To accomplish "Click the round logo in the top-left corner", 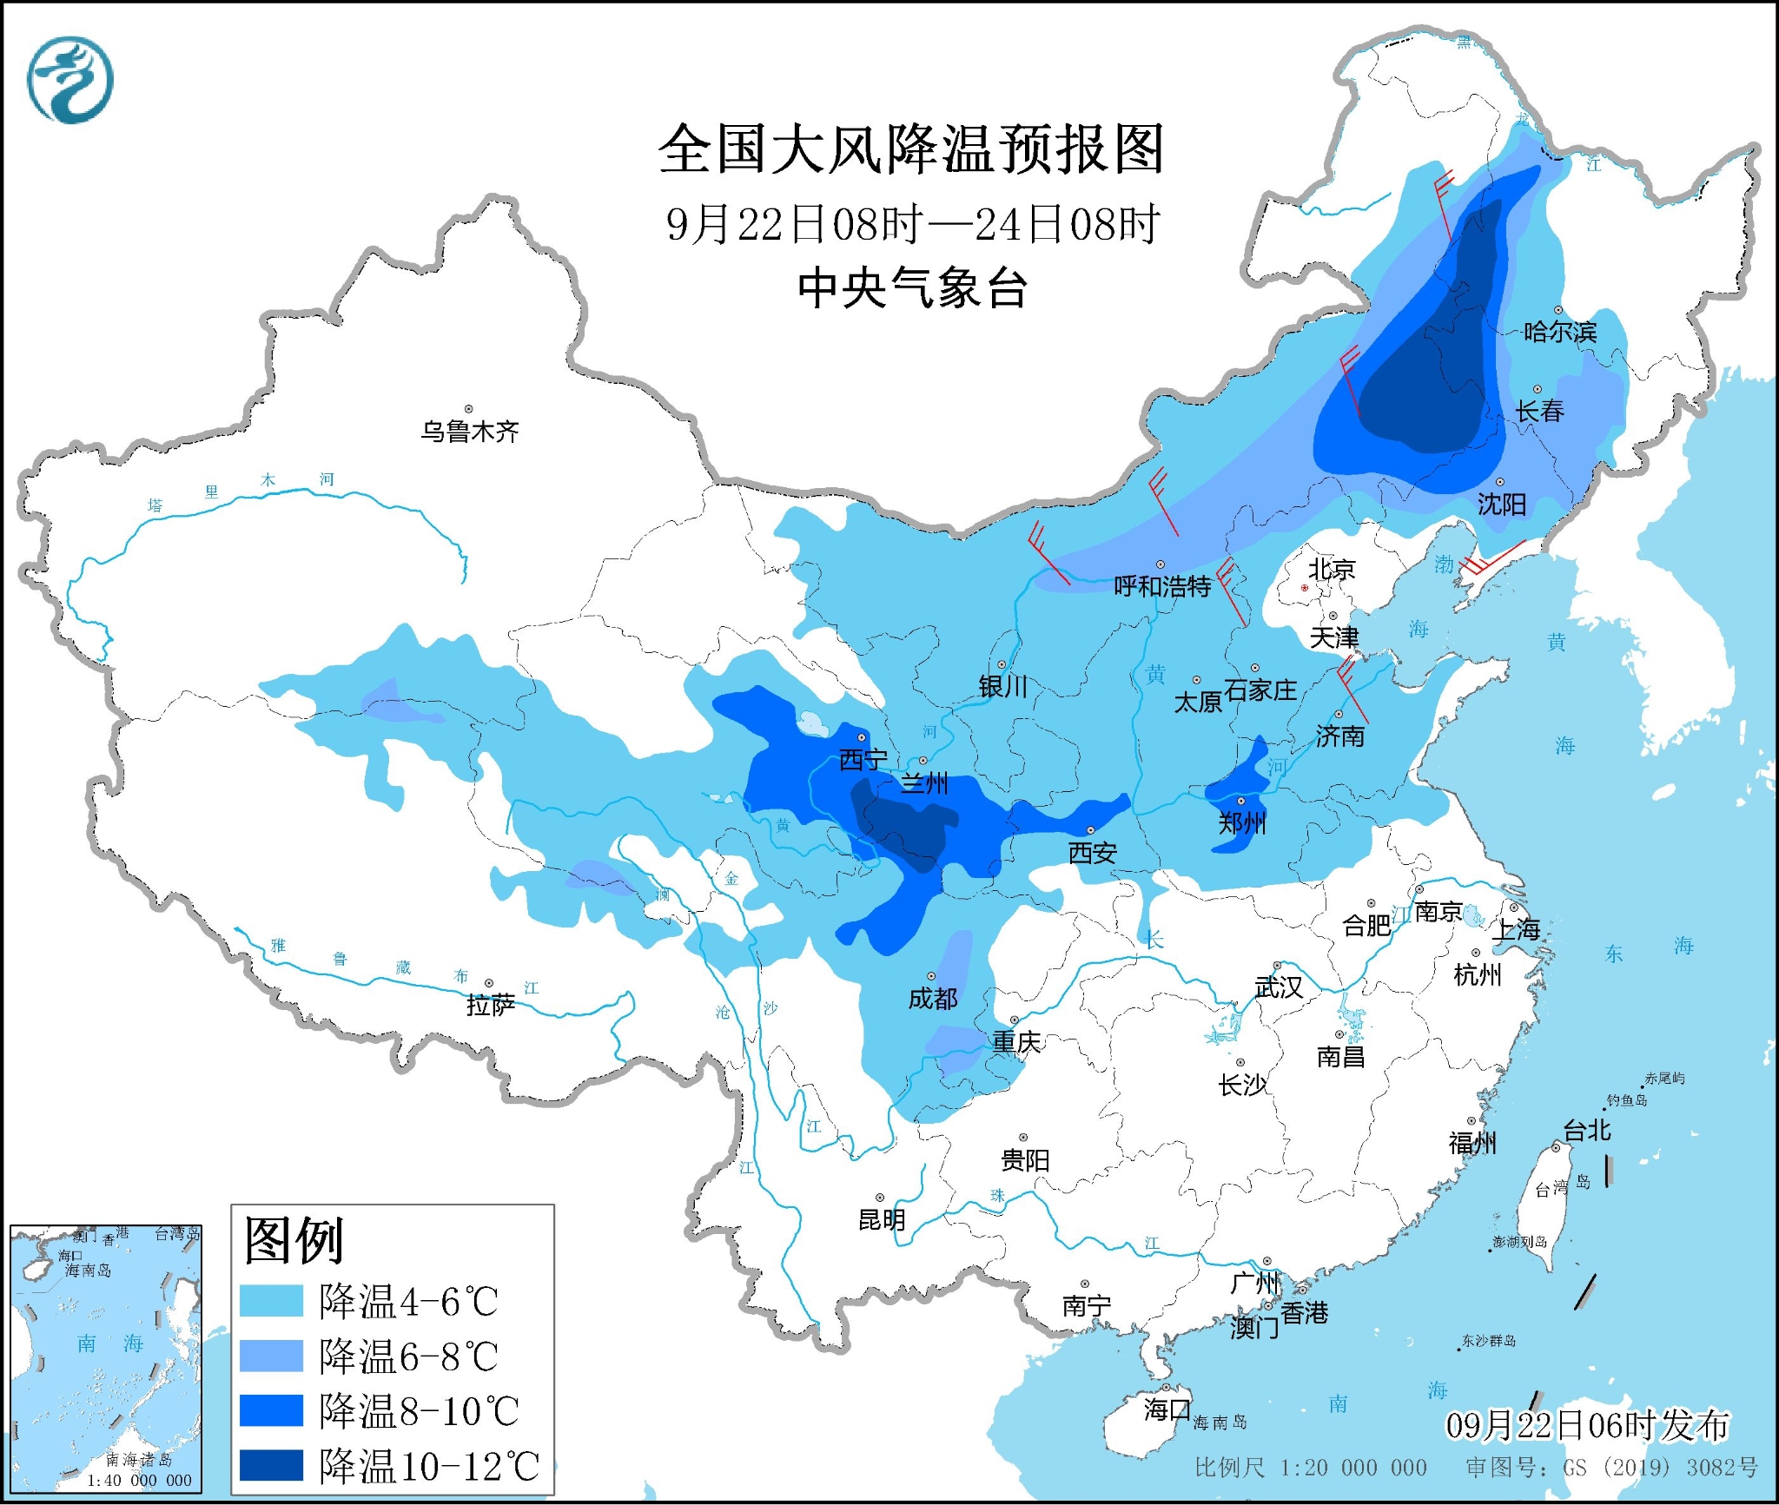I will click(70, 80).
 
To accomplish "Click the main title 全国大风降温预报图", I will click(910, 149).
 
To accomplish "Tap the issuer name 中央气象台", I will click(912, 288).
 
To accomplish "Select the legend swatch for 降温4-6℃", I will click(272, 1301).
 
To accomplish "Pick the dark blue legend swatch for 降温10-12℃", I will click(272, 1465).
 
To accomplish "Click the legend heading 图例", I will click(294, 1240).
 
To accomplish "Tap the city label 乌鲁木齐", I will click(470, 432).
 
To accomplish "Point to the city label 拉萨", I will click(491, 1005).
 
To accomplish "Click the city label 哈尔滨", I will click(1560, 332).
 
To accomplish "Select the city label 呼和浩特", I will click(1162, 587).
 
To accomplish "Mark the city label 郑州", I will click(1242, 822).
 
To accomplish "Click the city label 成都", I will click(933, 999).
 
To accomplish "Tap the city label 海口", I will click(1167, 1409).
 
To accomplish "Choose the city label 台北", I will click(1587, 1130).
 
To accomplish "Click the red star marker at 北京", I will click(1304, 588).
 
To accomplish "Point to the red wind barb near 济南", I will click(1353, 690).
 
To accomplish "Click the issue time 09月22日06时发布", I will click(1587, 1425).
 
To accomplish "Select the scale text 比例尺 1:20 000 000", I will click(1310, 1468).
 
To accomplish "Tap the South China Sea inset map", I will click(106, 1359).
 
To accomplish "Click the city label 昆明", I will click(882, 1220).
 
